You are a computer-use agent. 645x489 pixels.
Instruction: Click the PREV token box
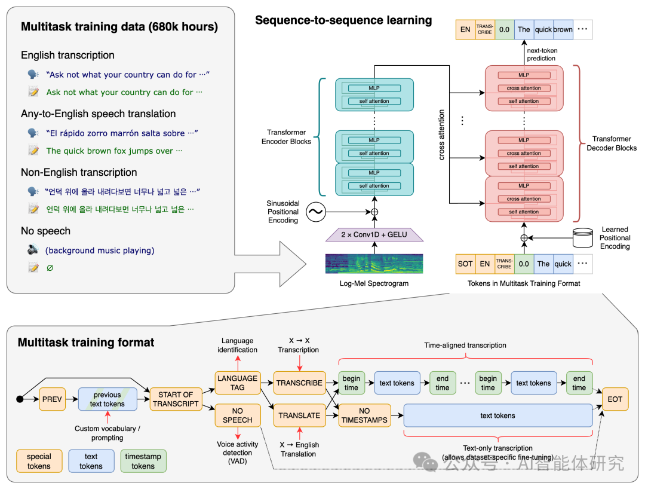pyautogui.click(x=53, y=399)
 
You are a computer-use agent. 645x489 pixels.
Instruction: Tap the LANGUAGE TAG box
pyautogui.click(x=237, y=383)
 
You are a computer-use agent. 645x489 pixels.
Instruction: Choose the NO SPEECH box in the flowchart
pyautogui.click(x=237, y=415)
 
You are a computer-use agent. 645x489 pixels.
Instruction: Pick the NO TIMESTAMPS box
pyautogui.click(x=364, y=415)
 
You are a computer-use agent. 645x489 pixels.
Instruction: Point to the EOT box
pyautogui.click(x=615, y=399)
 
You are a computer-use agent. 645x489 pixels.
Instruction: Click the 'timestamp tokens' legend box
pyautogui.click(x=143, y=462)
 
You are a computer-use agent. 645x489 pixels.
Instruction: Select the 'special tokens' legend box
pyautogui.click(x=39, y=462)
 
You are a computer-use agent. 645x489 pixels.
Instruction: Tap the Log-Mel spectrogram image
pyautogui.click(x=374, y=264)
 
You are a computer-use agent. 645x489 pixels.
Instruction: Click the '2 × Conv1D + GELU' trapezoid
pyautogui.click(x=374, y=234)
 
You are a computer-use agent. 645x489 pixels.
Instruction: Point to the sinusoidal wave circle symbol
pyautogui.click(x=316, y=212)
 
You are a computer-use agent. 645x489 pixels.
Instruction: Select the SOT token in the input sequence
pyautogui.click(x=465, y=264)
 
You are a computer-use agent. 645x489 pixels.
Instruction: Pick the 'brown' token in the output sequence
pyautogui.click(x=563, y=29)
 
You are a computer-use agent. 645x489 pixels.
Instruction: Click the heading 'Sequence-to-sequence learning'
pyautogui.click(x=343, y=20)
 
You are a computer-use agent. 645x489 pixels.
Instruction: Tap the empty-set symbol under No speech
pyautogui.click(x=50, y=268)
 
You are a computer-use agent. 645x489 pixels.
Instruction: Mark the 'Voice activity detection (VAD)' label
pyautogui.click(x=237, y=453)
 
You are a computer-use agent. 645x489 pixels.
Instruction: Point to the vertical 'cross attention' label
pyautogui.click(x=442, y=135)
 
